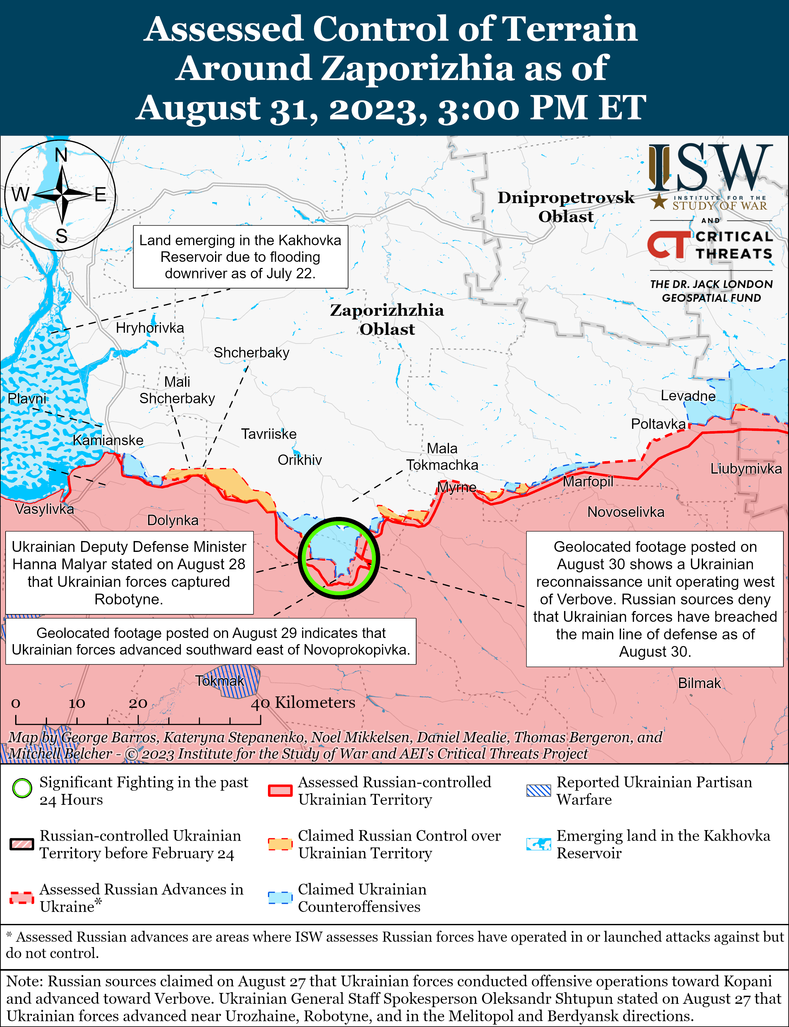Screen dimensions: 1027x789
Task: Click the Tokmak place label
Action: coord(219,681)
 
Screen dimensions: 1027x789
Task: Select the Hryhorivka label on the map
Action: coord(150,327)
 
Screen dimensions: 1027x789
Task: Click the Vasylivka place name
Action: coord(44,509)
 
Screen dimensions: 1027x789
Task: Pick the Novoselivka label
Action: coord(626,512)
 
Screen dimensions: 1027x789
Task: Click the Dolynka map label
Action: coord(172,520)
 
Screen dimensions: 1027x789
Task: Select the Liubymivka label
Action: coord(746,468)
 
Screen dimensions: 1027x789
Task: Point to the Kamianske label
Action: coord(108,440)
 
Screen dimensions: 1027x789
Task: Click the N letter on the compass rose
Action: coord(61,154)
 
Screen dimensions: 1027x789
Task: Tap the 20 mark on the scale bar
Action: coord(138,703)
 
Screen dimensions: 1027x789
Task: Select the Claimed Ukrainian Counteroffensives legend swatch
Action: coord(280,897)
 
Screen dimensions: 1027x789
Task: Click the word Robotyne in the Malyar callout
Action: coord(129,599)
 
